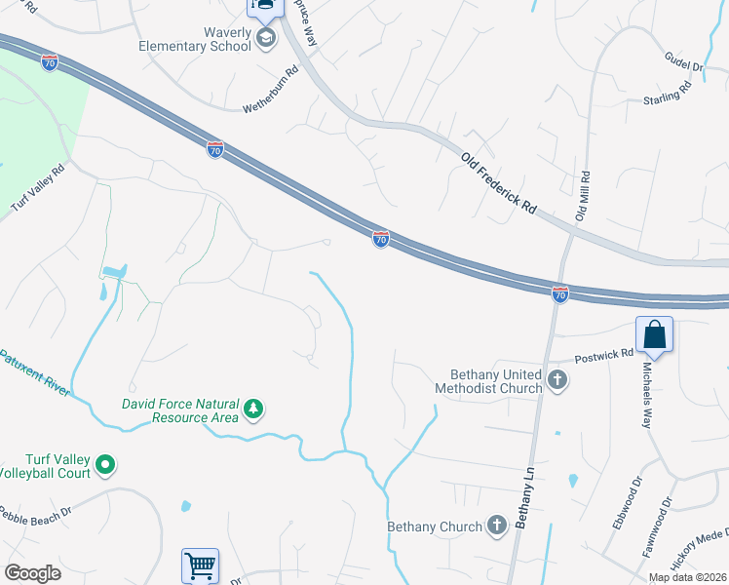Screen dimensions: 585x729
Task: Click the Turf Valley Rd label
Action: (37, 188)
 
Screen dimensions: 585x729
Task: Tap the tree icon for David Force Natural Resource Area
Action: (253, 408)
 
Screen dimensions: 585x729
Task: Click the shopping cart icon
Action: (199, 565)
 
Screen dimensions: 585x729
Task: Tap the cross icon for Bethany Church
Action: (497, 526)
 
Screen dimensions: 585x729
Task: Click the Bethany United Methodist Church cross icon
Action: (556, 380)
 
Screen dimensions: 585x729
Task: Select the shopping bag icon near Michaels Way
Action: (655, 334)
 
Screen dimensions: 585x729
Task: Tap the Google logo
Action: (32, 572)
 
